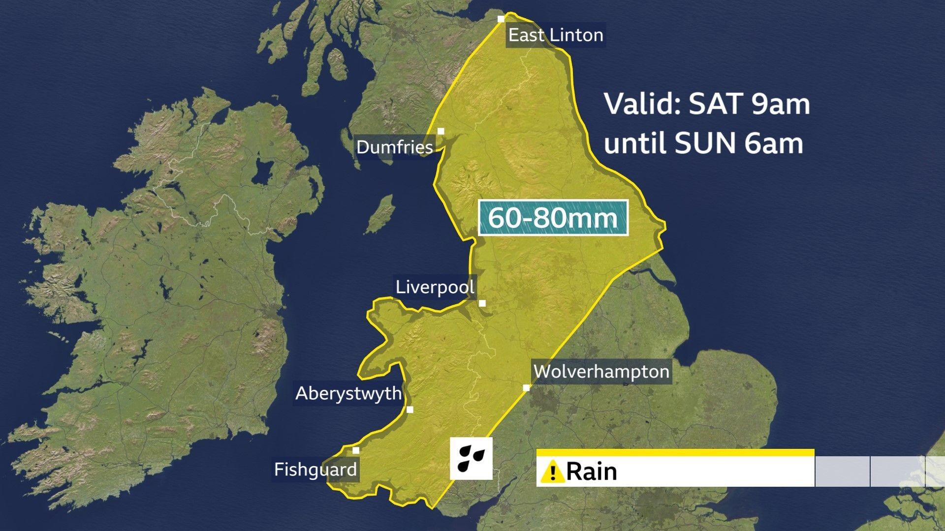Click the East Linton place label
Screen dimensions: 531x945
pyautogui.click(x=555, y=35)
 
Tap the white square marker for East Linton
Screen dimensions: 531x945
pyautogui.click(x=501, y=19)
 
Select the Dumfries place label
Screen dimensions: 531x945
pyautogui.click(x=395, y=147)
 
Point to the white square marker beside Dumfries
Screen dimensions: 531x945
pyautogui.click(x=441, y=131)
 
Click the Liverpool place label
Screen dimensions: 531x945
pyautogui.click(x=435, y=287)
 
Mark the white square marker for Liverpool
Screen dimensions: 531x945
pyautogui.click(x=482, y=303)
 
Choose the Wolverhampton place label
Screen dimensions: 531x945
pyautogui.click(x=601, y=371)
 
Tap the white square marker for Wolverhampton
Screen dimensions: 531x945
pyautogui.click(x=526, y=388)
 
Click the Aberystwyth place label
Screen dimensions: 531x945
pyautogui.click(x=348, y=393)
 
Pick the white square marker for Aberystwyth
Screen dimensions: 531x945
pyautogui.click(x=410, y=410)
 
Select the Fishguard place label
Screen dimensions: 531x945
pyautogui.click(x=315, y=470)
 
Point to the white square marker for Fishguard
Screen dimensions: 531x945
pyautogui.click(x=356, y=450)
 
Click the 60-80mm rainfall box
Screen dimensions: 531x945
pyautogui.click(x=553, y=217)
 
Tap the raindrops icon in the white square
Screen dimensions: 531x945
pyautogui.click(x=471, y=458)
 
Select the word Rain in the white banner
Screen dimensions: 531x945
pyautogui.click(x=592, y=472)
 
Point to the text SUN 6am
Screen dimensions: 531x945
pyautogui.click(x=739, y=144)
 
